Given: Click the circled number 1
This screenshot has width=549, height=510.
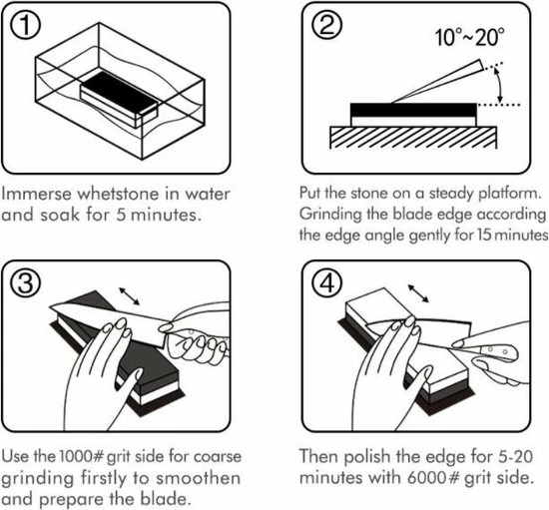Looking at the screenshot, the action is coord(25,25).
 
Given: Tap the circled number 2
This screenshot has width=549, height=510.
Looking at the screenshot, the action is coord(326,25).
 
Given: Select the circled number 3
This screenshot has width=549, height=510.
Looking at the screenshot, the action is coord(25,282).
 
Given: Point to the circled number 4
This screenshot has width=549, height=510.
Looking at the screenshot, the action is coord(326,282).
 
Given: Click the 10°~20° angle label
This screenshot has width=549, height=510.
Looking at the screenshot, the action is coord(469,37).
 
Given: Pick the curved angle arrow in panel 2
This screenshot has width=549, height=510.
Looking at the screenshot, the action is coord(500,85).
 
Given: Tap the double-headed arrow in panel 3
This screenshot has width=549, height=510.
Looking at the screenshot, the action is coord(129,296).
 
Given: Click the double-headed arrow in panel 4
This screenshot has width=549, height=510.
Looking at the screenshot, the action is coord(418,293).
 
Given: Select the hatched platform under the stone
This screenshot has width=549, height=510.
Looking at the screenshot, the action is coord(413,138).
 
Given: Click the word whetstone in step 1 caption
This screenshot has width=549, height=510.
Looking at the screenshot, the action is coord(118,194).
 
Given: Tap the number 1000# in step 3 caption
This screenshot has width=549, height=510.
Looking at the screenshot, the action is coord(82,456).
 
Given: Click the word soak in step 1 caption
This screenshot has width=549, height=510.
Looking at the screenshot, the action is coord(60,215).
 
